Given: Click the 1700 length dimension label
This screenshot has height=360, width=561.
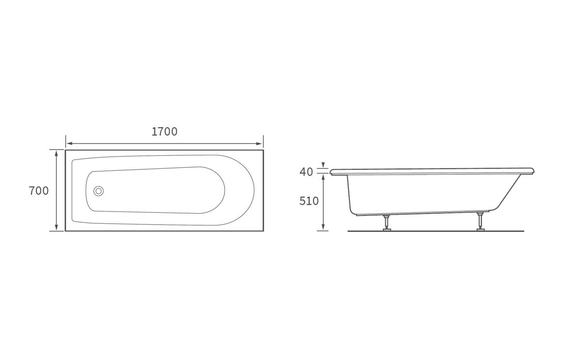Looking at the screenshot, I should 165,131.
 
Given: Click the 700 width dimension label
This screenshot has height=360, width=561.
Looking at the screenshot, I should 39,191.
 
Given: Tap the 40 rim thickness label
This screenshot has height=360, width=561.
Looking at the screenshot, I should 306,171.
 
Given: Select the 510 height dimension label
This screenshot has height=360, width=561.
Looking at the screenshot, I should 309,200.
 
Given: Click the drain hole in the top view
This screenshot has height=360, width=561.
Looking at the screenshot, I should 99,191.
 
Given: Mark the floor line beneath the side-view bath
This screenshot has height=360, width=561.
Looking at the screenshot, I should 437,231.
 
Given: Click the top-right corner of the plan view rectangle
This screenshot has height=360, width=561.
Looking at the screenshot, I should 263,150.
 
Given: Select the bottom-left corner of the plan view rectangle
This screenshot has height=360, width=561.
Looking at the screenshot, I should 66,231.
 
